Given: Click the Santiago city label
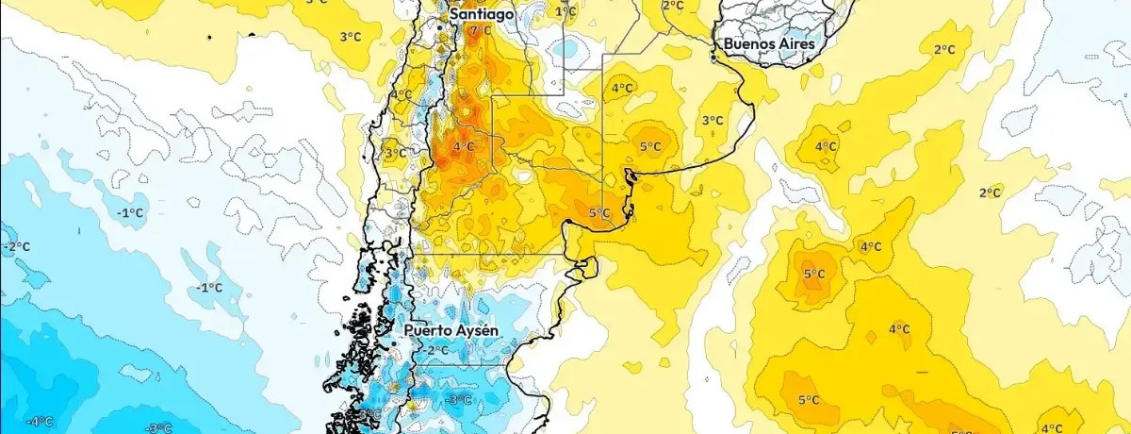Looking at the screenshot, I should [x=482, y=15].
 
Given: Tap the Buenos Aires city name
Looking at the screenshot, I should [x=769, y=43].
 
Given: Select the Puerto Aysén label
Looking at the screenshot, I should [x=451, y=331].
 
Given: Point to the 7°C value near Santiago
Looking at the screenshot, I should [x=481, y=31].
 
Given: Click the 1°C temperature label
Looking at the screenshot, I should [x=565, y=11].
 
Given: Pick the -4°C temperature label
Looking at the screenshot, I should [x=39, y=422].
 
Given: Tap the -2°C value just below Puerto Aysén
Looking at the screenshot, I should [x=435, y=351].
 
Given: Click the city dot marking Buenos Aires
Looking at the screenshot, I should [x=713, y=58].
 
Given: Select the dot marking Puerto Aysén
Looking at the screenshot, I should [x=393, y=345].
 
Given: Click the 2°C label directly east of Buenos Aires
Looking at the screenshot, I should [x=944, y=49].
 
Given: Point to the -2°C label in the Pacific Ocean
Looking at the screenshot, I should [x=16, y=247].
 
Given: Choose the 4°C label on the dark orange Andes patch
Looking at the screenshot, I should [x=463, y=146].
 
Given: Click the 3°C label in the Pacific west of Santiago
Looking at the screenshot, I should [x=350, y=37].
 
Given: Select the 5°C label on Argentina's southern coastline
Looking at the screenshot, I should [x=599, y=213].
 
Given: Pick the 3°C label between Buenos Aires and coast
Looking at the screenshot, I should [x=713, y=120].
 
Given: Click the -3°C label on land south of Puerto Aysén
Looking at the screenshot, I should [x=458, y=401].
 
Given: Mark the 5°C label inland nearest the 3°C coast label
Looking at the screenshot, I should [x=650, y=146].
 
